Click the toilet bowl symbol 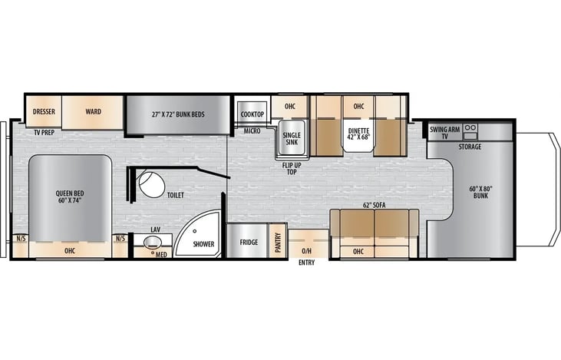(x=152, y=185)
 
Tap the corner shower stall (x=199, y=234)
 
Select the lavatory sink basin (x=153, y=243)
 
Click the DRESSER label (x=44, y=111)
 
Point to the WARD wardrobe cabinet (x=93, y=112)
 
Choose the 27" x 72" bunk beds (x=178, y=114)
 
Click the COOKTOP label (x=252, y=114)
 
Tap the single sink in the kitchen (x=292, y=138)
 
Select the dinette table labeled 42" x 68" (x=358, y=135)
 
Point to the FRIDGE (x=248, y=240)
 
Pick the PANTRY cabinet (x=278, y=240)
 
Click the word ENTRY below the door (x=307, y=263)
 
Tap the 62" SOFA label (x=375, y=206)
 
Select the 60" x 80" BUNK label (x=481, y=192)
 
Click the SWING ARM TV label (x=444, y=133)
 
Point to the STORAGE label (x=470, y=147)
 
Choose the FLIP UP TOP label (x=292, y=169)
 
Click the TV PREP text (x=44, y=132)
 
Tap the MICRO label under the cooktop (x=252, y=131)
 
